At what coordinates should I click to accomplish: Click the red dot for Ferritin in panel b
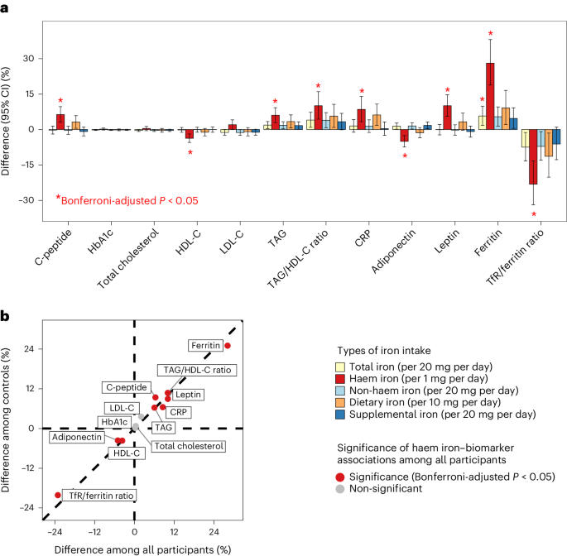[228, 345]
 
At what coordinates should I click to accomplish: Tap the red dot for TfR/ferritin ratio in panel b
[57, 495]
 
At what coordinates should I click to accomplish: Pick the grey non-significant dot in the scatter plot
[136, 427]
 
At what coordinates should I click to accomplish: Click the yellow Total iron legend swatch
[339, 367]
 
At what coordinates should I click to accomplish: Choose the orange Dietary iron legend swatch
[339, 402]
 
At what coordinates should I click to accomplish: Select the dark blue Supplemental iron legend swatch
[339, 414]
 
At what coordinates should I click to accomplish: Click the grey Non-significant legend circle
[339, 489]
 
